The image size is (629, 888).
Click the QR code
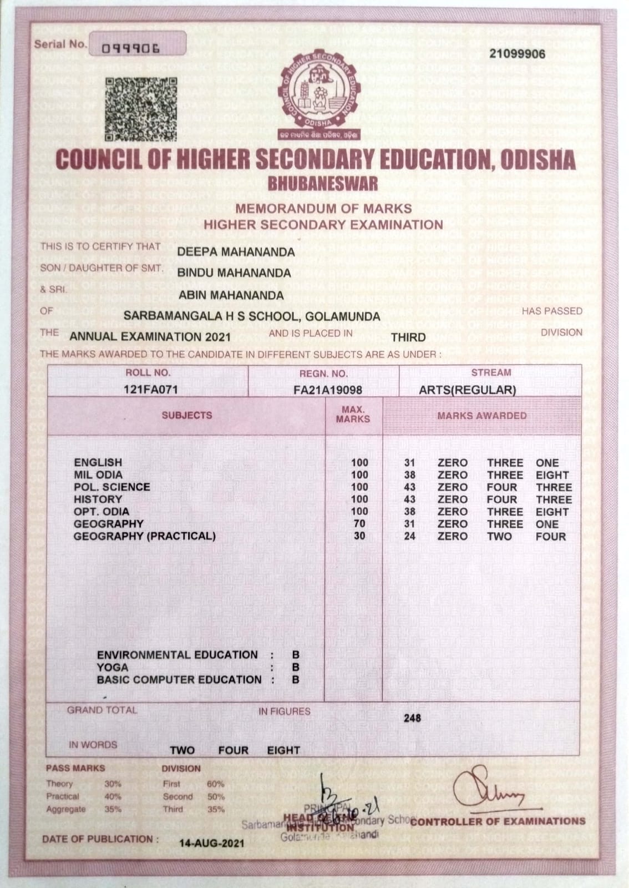click(141, 109)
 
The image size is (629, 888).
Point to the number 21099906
click(517, 54)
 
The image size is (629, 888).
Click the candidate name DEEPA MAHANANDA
click(236, 252)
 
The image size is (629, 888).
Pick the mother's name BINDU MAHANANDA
click(234, 273)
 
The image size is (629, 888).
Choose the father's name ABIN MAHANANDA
click(231, 295)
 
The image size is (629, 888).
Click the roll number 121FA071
click(150, 390)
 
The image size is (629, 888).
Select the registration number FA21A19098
click(327, 390)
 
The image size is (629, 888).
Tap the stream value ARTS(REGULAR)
click(467, 390)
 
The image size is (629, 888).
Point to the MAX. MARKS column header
click(353, 415)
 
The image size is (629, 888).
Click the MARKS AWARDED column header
click(481, 415)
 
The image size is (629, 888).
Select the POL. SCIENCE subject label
click(112, 487)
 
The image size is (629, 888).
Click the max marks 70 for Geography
click(359, 523)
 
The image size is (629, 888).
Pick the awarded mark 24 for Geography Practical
click(410, 536)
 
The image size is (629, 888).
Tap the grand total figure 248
click(412, 718)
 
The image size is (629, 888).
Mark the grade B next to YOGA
click(296, 667)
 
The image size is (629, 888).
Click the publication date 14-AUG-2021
click(211, 843)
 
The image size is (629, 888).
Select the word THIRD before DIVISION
click(408, 337)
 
